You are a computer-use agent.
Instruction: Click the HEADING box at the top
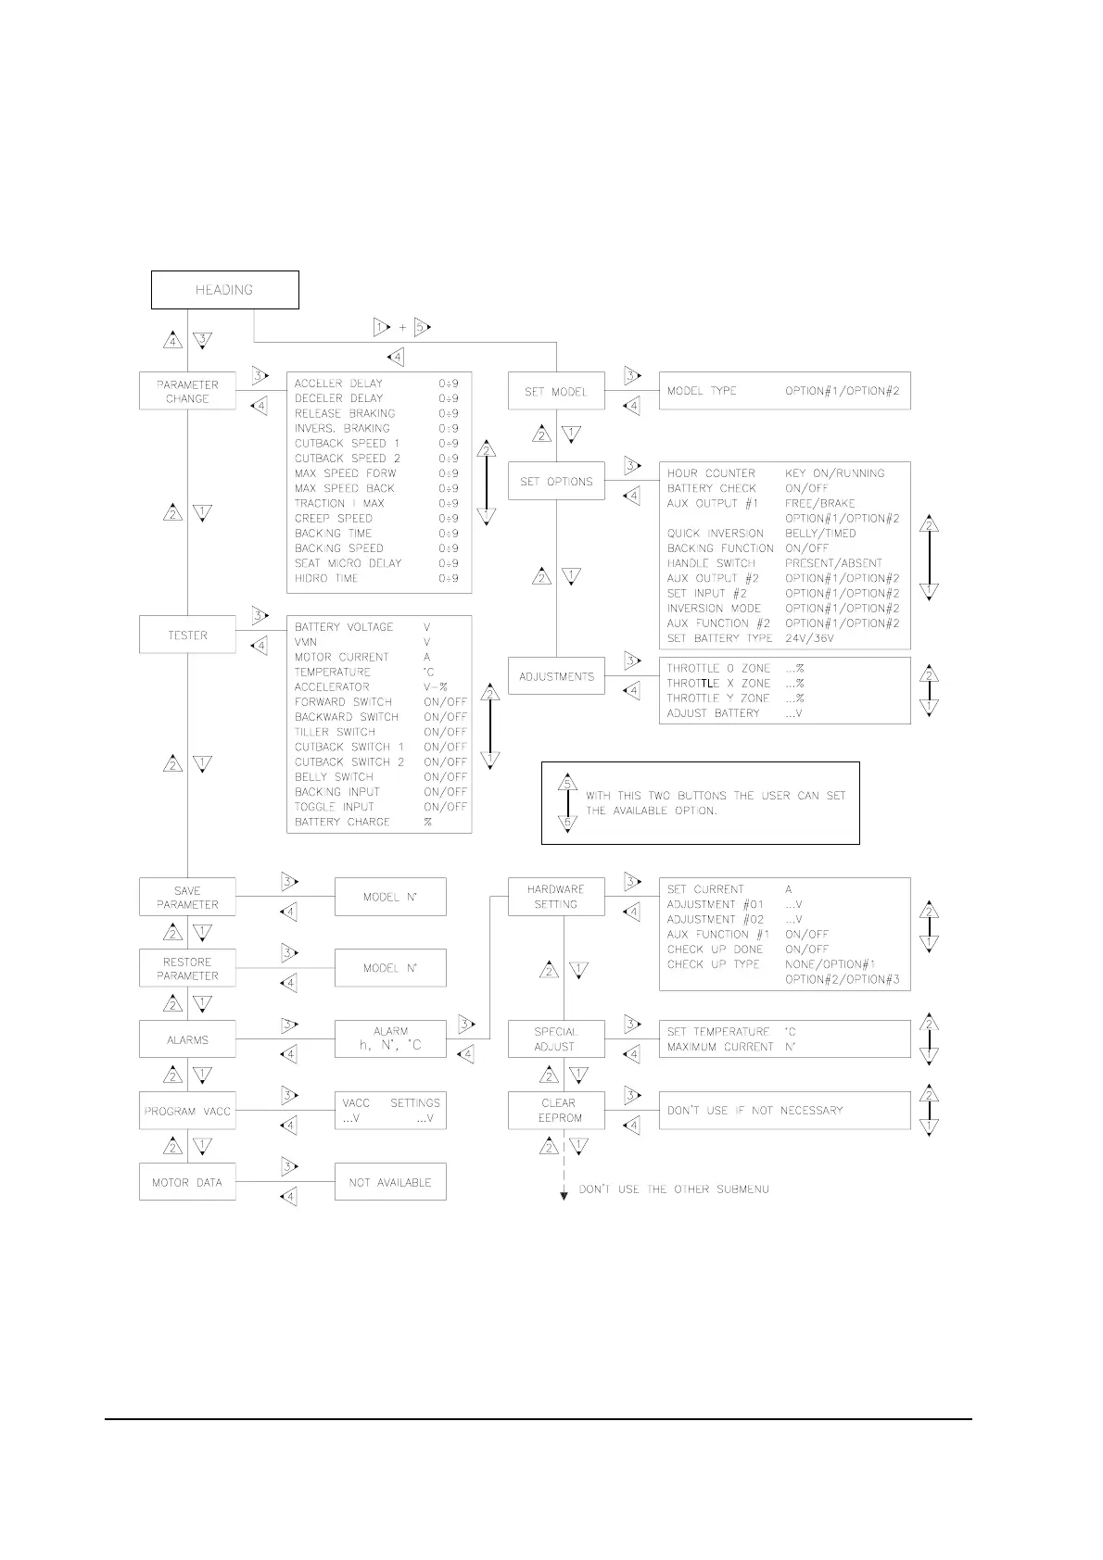(x=224, y=290)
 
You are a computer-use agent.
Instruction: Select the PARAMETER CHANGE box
(x=187, y=391)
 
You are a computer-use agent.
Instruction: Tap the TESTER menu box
(x=187, y=635)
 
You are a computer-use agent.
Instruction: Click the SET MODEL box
(x=556, y=391)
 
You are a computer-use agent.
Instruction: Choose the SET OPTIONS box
(x=556, y=482)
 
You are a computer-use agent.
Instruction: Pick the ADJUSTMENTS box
(x=556, y=676)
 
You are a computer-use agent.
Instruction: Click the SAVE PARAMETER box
(x=187, y=897)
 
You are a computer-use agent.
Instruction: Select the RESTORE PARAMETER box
(x=187, y=968)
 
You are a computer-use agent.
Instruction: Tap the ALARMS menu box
(x=187, y=1039)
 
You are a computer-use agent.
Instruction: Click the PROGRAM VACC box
(x=187, y=1111)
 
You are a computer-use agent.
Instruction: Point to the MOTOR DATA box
(x=187, y=1182)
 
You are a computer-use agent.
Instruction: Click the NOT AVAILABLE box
(x=390, y=1182)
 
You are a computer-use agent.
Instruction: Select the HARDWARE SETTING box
(x=556, y=897)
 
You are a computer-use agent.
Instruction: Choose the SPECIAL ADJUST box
(x=556, y=1039)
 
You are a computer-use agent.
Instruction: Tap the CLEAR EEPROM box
(x=556, y=1111)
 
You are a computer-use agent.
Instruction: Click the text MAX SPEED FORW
(x=345, y=473)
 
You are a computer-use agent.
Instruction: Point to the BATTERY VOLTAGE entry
(x=344, y=627)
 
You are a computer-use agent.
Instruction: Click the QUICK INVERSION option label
(x=716, y=534)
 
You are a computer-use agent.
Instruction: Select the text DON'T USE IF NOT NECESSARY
(x=754, y=1111)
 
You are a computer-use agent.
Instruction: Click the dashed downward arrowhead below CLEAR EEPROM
(x=564, y=1196)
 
